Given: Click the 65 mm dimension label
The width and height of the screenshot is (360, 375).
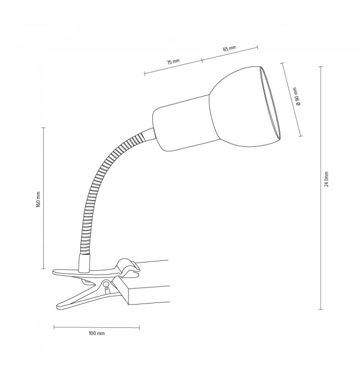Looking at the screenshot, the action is coord(229,49).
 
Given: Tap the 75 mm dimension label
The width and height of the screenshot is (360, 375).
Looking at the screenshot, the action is coord(173,62).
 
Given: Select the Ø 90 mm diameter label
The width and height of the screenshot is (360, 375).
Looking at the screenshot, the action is coord(296,96).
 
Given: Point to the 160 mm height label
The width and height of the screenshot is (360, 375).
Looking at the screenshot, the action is coord(38,199).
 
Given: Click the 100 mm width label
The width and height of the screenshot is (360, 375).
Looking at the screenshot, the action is coord(96,333).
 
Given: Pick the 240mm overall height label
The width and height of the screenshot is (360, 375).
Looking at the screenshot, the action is coord(327,179).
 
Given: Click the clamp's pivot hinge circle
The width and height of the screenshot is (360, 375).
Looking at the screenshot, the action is coord(106,284).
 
